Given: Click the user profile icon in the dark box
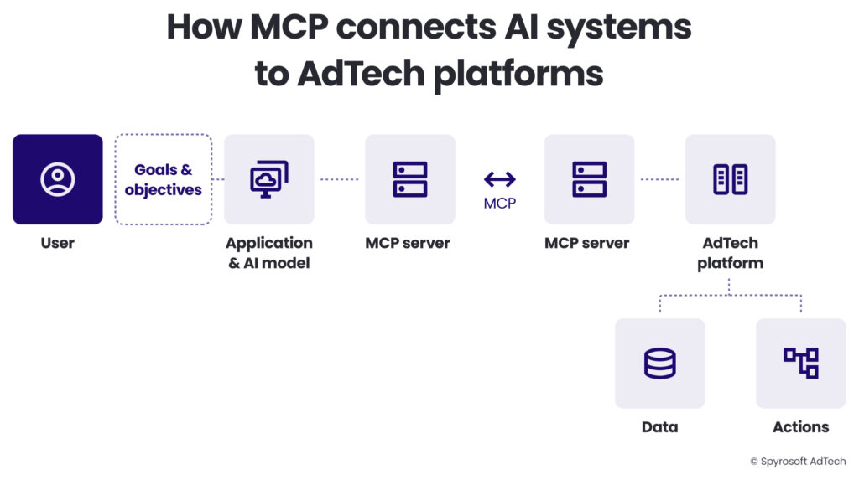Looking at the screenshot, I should click(58, 179).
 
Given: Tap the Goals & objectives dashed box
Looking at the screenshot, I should click(163, 180).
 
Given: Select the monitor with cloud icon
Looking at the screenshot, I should click(269, 179).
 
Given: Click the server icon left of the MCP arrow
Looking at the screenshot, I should click(410, 179).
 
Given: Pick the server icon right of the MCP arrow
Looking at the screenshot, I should click(590, 179).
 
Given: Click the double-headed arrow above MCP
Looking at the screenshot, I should click(500, 178).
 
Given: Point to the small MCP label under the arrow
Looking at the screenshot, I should click(500, 204).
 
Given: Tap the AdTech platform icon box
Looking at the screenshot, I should click(730, 179).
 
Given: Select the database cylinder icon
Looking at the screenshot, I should click(659, 364).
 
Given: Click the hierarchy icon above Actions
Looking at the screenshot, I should click(800, 364).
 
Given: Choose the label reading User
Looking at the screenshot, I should click(58, 244).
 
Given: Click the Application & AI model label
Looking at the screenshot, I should click(269, 253).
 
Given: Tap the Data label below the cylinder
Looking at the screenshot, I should click(659, 427).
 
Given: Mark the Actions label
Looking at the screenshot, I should click(800, 427).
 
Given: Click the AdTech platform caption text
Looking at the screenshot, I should click(730, 253).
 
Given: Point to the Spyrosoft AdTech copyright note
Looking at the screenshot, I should click(798, 462).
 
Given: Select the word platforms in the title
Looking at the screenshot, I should click(518, 74).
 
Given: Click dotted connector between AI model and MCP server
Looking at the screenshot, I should click(340, 179).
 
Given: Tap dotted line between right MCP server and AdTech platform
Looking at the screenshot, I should click(659, 179).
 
